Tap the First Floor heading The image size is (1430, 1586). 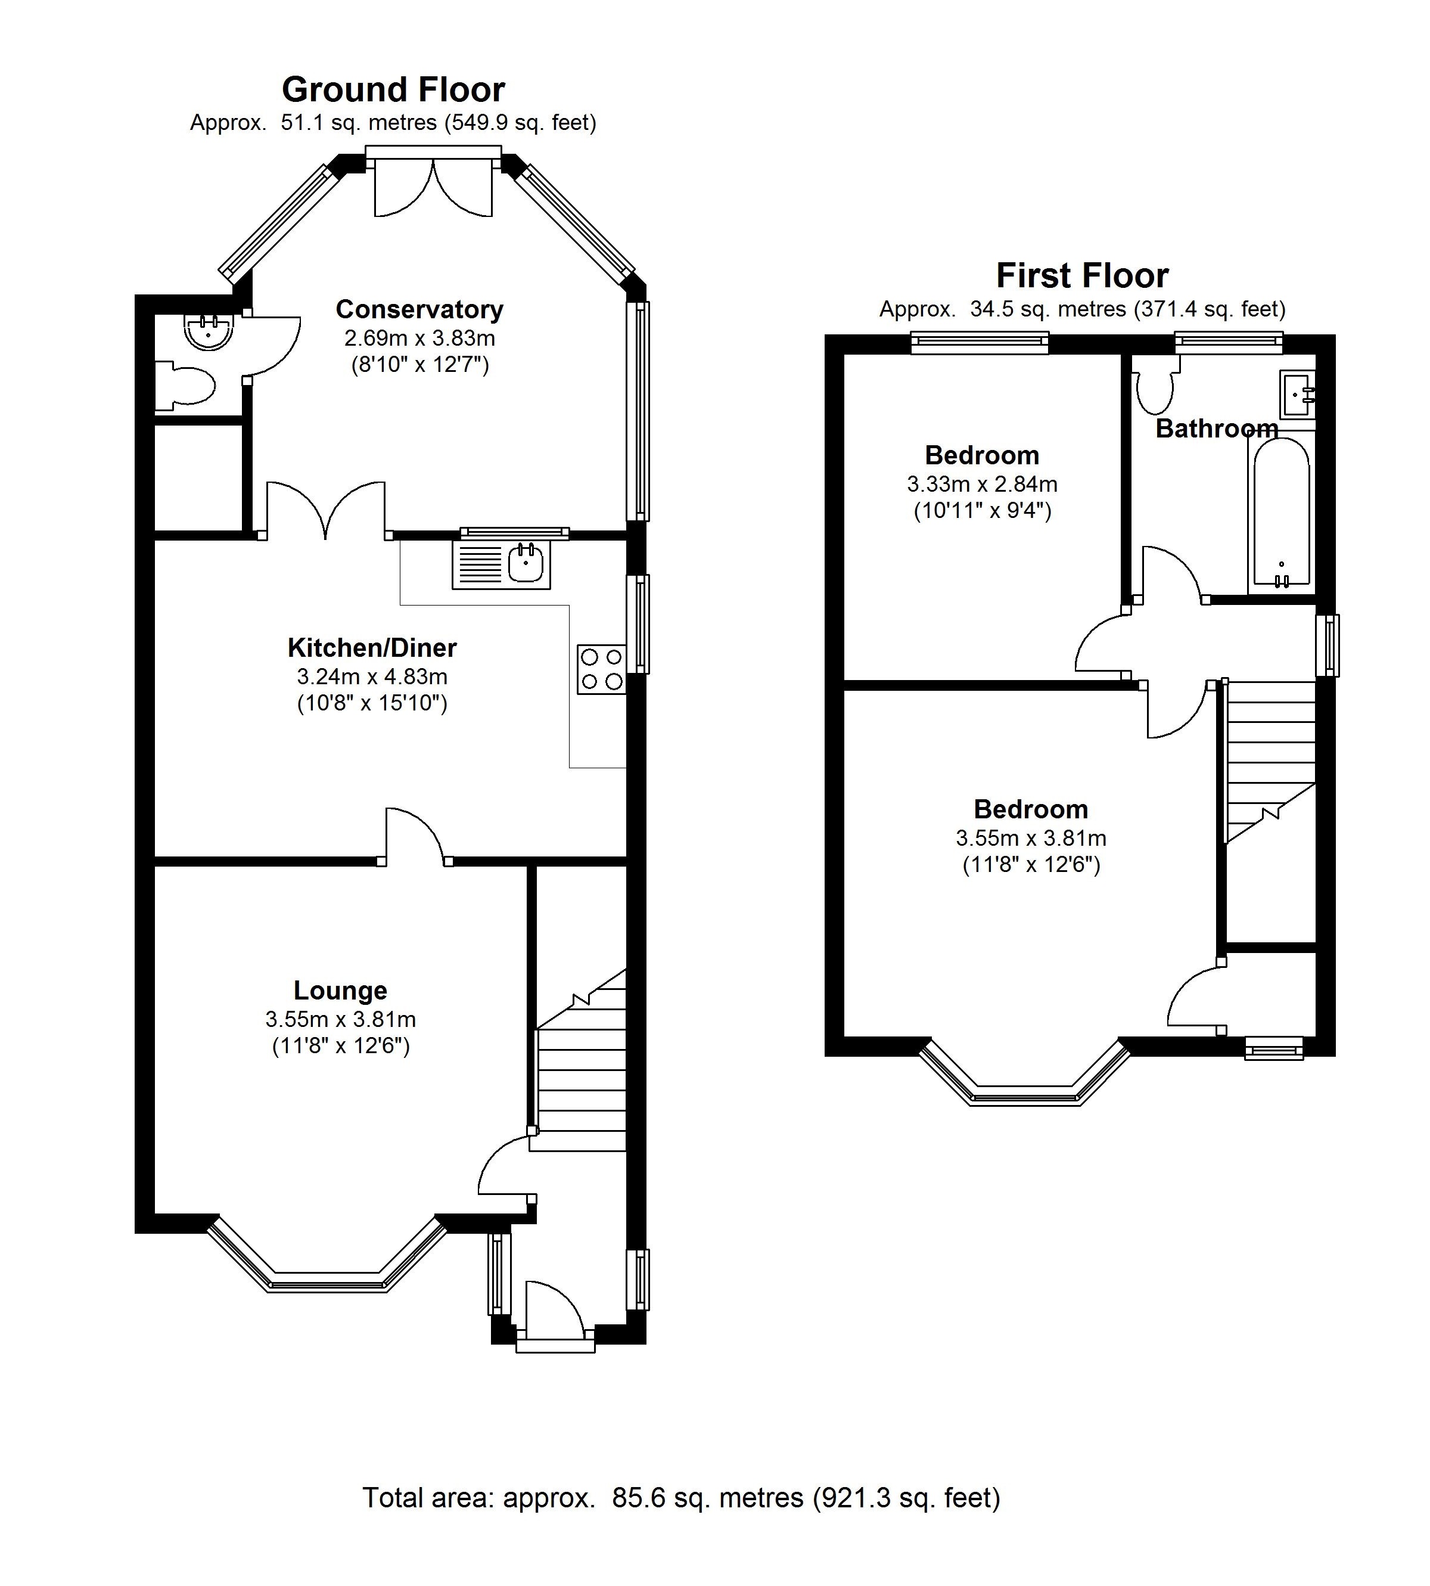1082,276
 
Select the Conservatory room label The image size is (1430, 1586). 419,310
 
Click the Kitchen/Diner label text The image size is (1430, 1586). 372,648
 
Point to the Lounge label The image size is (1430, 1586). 340,990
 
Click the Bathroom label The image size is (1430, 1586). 1216,429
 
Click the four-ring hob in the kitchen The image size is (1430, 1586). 601,669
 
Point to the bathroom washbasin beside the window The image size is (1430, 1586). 1297,395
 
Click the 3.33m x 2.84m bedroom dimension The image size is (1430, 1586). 982,484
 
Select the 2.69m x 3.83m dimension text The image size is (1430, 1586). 419,339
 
